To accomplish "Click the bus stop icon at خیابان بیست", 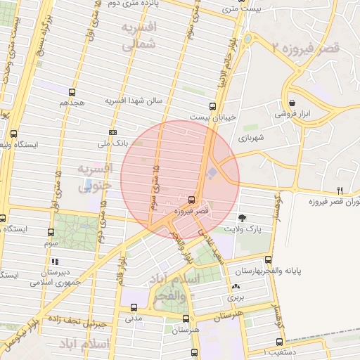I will click(212, 106).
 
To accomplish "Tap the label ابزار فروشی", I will click(290, 112).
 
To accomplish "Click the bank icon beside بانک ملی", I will click(112, 132).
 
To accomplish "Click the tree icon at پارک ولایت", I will click(243, 218).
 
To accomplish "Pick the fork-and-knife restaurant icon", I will click(340, 191).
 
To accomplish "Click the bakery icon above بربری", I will click(236, 287).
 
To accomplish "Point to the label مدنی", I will click(134, 318).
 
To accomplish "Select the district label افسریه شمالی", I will click(139, 37).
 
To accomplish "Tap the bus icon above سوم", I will click(50, 232).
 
